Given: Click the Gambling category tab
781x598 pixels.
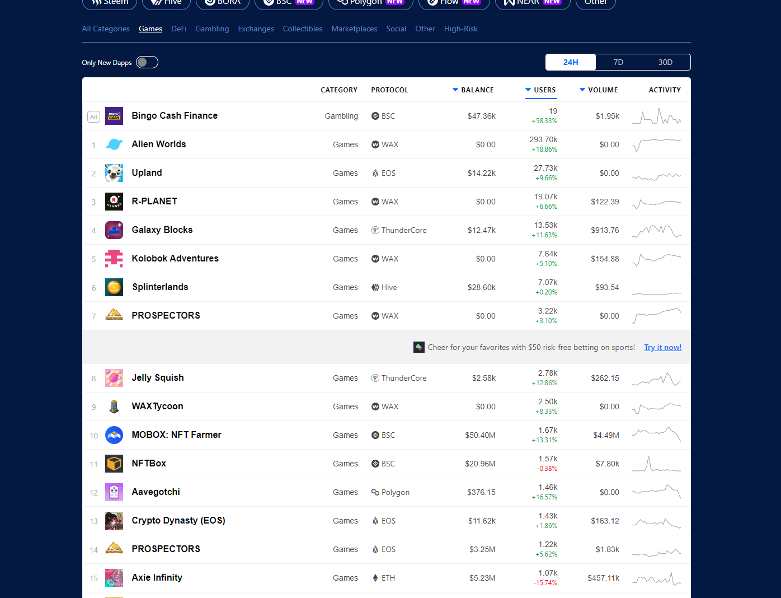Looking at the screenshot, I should click(212, 29).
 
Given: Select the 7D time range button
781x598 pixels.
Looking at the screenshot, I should click(618, 62).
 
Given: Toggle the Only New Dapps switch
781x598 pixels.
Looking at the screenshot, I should click(147, 62).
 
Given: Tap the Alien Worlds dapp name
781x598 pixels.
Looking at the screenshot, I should click(159, 144).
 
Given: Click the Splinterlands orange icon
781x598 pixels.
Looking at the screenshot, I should click(114, 287).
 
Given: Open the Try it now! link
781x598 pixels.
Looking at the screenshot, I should click(662, 347).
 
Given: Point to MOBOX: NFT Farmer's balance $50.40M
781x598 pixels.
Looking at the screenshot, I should click(480, 435).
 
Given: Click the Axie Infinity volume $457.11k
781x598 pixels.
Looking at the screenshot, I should click(603, 578).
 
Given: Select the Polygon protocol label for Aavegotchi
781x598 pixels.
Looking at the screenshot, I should click(395, 492).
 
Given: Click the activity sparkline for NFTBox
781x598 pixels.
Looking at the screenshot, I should click(656, 464).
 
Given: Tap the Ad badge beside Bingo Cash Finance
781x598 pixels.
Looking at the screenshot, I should click(93, 116).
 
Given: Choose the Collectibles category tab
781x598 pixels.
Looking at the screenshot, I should click(303, 29).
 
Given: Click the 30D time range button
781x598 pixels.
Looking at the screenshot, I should click(665, 62).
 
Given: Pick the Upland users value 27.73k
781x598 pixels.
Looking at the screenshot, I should click(545, 168).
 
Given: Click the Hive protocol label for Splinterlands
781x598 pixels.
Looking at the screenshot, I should click(389, 287).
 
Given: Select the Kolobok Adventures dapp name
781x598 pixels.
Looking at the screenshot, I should click(175, 258).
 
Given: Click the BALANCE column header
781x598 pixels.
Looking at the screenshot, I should click(477, 90).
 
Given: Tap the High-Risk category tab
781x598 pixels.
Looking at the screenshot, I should click(460, 29).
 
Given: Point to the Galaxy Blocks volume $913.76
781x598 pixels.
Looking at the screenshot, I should click(605, 230).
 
